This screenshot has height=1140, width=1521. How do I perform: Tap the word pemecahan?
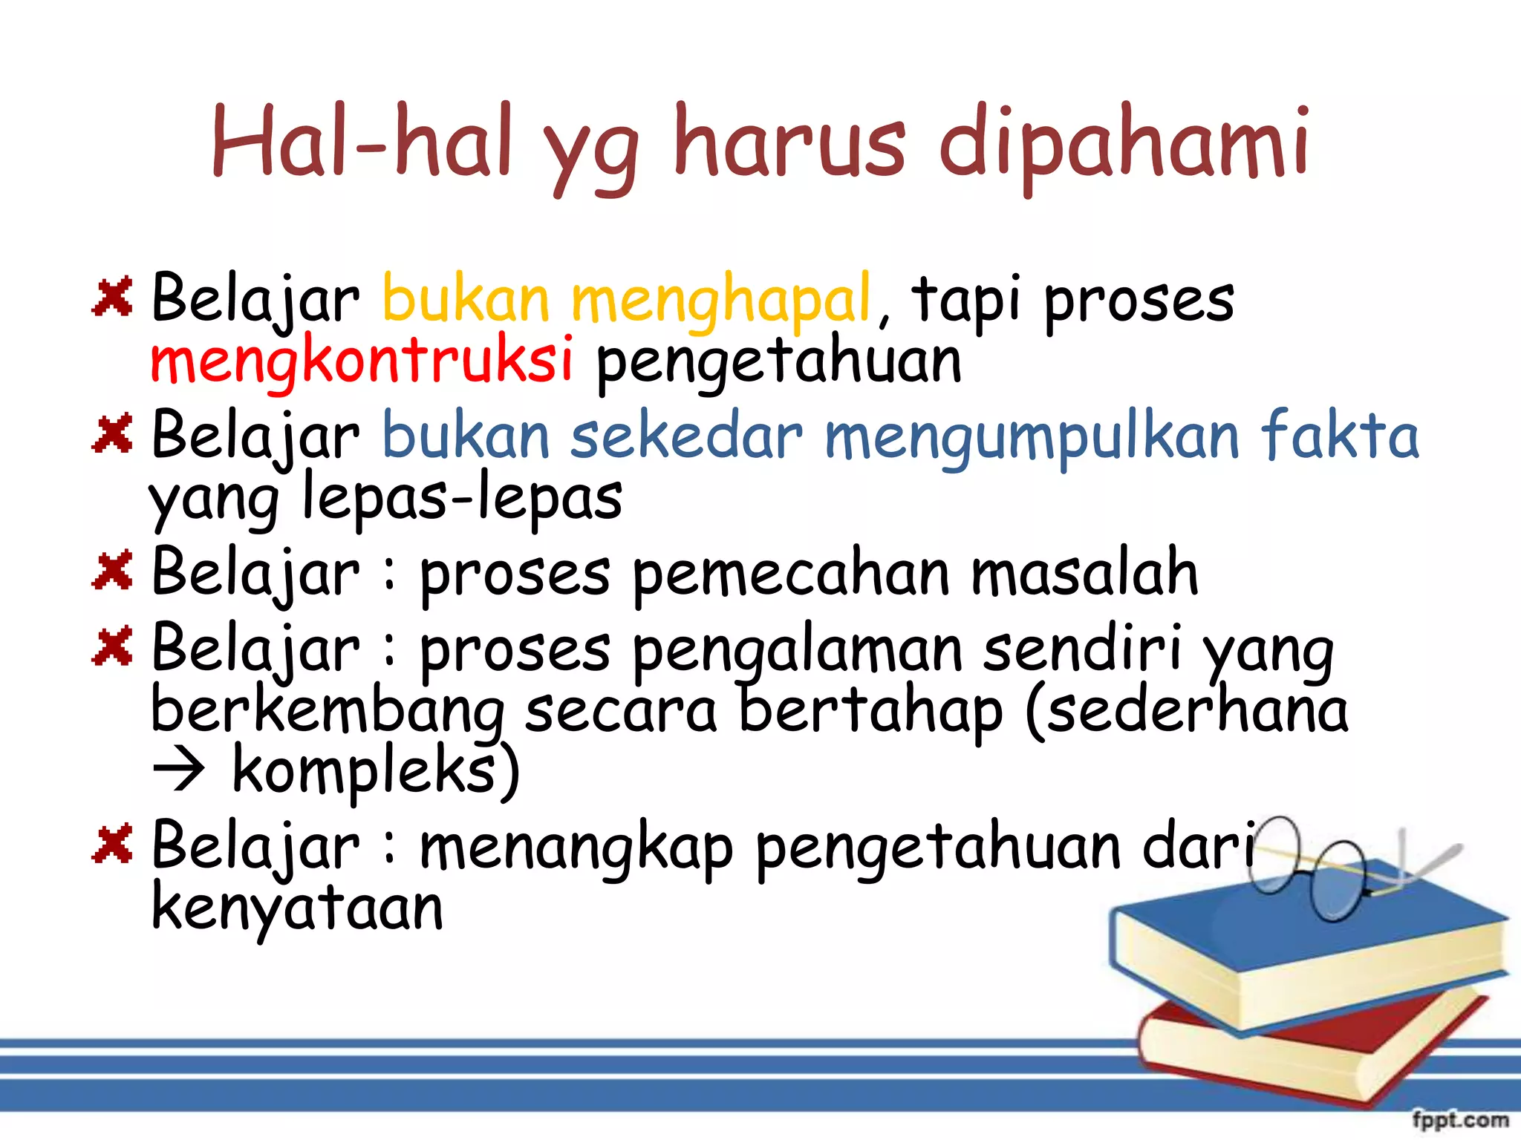point(791,575)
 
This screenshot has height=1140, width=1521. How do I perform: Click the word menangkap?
point(576,848)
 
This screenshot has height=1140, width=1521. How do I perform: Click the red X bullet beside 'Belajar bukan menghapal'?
point(112,296)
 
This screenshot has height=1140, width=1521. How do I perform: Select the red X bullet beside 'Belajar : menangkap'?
point(112,844)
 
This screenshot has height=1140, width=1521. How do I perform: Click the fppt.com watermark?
point(1459,1119)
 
